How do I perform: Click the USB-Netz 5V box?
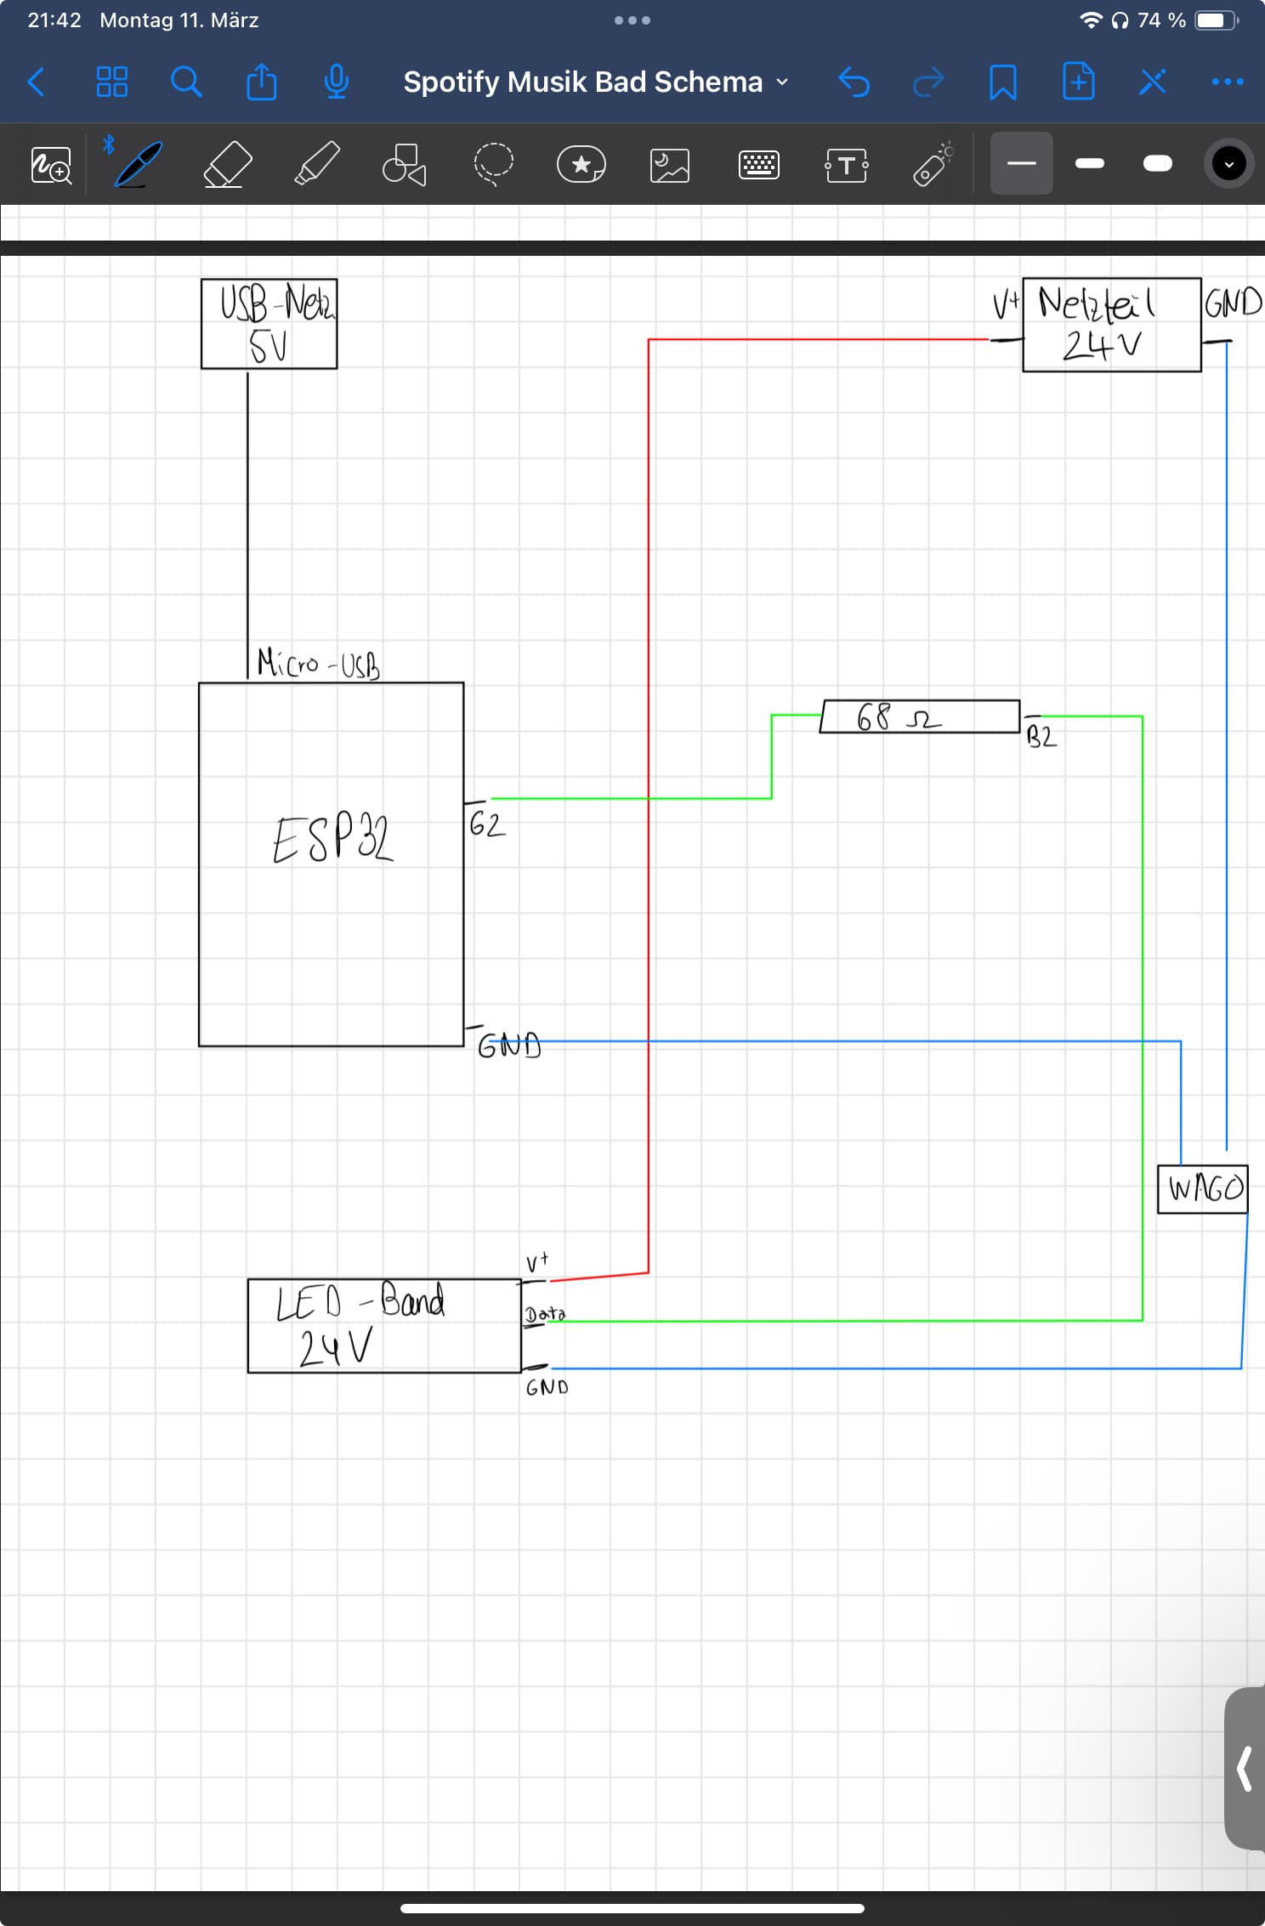(x=269, y=324)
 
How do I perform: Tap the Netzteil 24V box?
(x=1111, y=325)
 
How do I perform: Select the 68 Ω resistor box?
(x=921, y=717)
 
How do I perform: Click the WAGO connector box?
(x=1203, y=1188)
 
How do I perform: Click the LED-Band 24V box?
(x=383, y=1325)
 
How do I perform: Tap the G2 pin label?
(x=487, y=824)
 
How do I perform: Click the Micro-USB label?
(x=319, y=664)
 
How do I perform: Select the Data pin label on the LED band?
(x=545, y=1314)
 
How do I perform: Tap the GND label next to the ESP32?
(x=509, y=1045)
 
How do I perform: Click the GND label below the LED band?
(x=547, y=1388)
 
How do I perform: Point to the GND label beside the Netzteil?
(x=1233, y=303)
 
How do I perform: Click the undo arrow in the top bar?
(x=854, y=82)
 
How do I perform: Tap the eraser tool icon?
(x=228, y=164)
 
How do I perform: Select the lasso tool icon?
(x=493, y=164)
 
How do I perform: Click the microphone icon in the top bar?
(x=337, y=82)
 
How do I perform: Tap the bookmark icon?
(x=1003, y=82)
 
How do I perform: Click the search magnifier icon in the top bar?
(x=186, y=82)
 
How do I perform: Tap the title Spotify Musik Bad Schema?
(x=583, y=82)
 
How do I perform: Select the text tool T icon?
(x=846, y=165)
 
